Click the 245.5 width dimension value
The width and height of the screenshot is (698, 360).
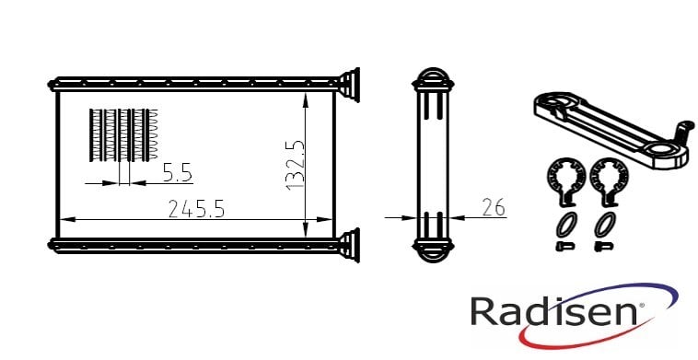coord(196,209)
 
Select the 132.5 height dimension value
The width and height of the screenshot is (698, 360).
coord(296,165)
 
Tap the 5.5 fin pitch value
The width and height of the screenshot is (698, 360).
coord(177,172)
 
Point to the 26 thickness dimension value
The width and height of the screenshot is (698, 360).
coord(494,207)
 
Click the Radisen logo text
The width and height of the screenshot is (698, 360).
coord(554,312)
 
